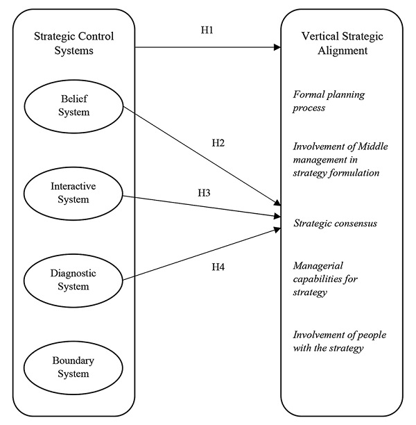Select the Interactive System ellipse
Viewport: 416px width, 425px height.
(x=73, y=194)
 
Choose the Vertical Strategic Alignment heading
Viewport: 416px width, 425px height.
(x=337, y=42)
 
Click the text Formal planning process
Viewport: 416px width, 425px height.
(x=329, y=100)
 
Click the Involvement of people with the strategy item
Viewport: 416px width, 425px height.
(x=339, y=341)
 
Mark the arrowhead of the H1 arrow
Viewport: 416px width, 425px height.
(x=277, y=48)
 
